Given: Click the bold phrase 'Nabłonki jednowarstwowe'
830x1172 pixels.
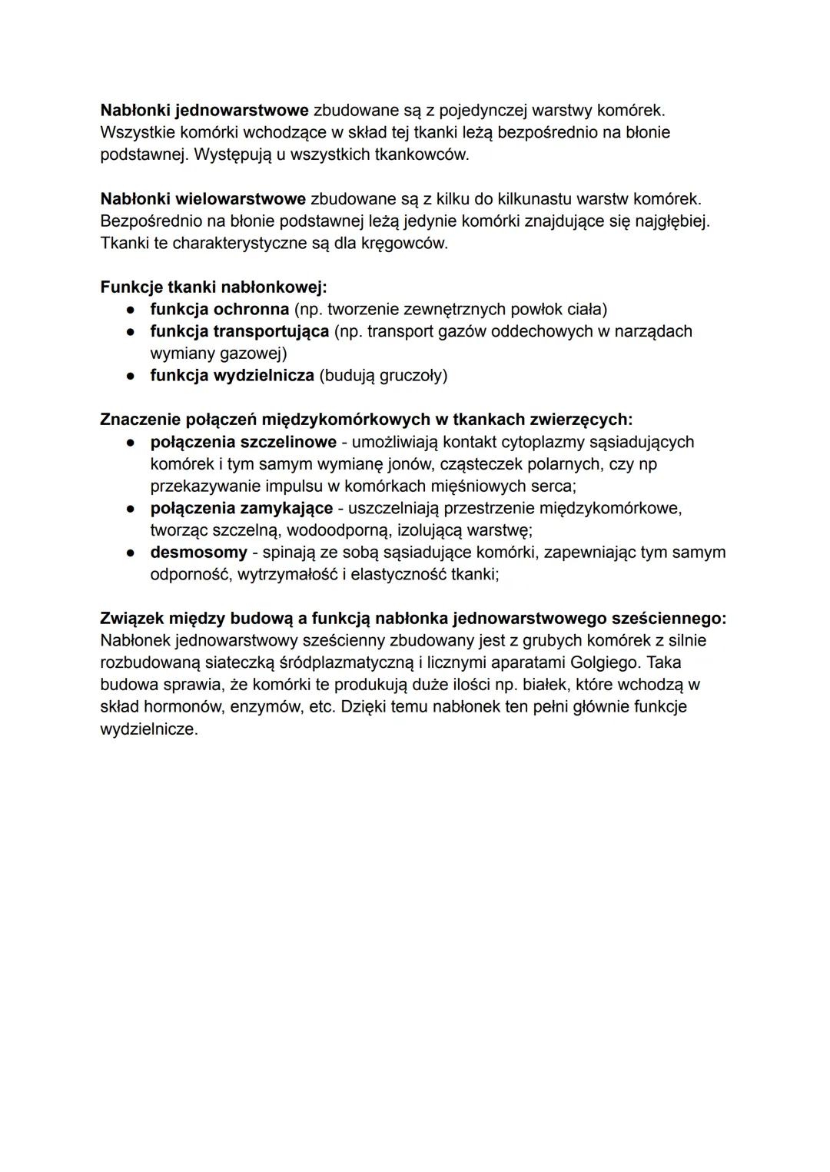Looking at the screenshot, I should (204, 110).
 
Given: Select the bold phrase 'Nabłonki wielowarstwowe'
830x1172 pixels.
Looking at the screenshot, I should (203, 199).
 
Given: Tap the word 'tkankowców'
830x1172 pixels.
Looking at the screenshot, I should (420, 154).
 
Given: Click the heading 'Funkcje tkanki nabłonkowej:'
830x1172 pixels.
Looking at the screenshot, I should (214, 287).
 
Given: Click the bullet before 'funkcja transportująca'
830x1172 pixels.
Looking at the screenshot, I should (132, 332).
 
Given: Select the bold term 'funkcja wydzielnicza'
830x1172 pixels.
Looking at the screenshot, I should (232, 376).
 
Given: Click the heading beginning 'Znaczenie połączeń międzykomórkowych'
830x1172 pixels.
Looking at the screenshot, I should (366, 420).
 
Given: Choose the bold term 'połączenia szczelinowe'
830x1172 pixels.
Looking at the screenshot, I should (243, 442).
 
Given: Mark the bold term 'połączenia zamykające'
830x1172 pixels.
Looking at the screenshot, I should (241, 509).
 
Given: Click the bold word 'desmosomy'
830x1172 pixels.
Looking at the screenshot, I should (198, 553).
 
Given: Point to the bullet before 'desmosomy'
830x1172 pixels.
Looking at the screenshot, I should (132, 553).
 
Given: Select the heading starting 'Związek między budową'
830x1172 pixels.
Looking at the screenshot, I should (413, 619).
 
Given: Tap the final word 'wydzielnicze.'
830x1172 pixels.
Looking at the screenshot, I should (149, 729).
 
